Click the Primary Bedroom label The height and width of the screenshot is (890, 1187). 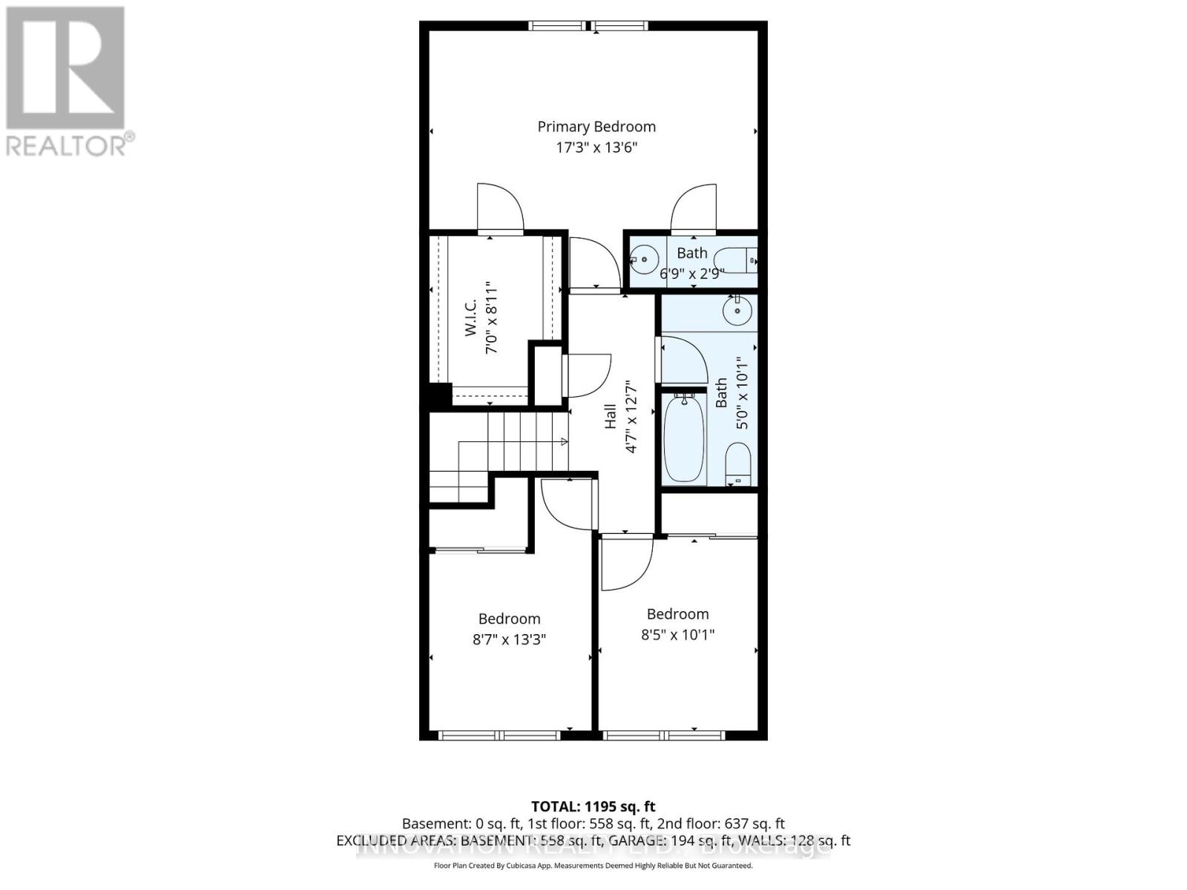596,127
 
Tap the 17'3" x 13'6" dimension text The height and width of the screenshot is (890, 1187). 596,148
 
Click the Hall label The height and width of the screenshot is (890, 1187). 611,416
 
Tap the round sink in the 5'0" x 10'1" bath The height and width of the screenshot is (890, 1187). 737,310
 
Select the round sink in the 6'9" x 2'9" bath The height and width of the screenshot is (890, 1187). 644,260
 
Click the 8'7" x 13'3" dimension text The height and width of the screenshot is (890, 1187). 509,639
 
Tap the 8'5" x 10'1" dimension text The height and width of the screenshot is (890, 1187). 677,635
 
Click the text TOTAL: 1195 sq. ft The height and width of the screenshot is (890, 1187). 593,806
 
